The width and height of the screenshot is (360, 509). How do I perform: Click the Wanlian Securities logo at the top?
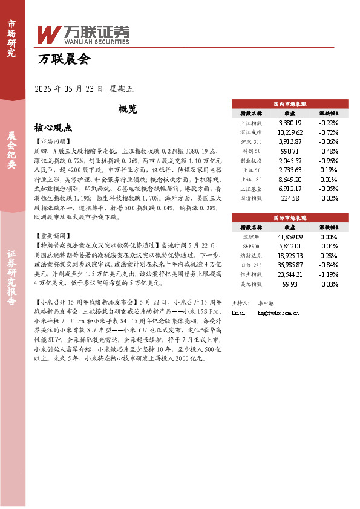82,34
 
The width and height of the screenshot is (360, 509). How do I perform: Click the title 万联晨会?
64,59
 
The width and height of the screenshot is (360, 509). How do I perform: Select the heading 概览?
128,109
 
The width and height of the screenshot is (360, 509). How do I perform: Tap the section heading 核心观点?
54,128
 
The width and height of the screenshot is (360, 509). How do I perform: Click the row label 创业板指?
251,161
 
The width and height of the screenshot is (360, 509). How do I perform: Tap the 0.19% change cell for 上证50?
329,170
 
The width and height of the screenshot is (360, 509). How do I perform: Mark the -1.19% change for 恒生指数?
329,274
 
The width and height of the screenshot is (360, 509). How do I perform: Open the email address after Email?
278,313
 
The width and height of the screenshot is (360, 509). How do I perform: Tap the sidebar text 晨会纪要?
11,151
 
